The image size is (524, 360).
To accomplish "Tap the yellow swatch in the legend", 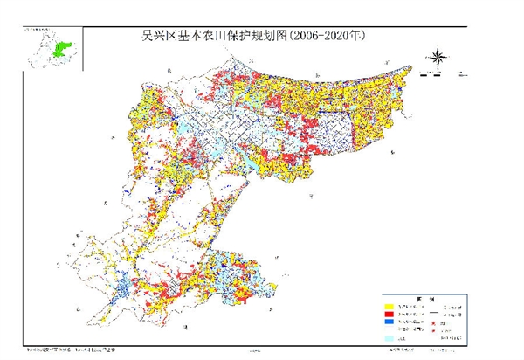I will (x=389, y=308).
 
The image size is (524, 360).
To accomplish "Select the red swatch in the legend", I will (x=389, y=315).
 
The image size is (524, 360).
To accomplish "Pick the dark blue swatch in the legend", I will (x=389, y=322).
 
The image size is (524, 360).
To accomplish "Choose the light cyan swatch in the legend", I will (x=389, y=338).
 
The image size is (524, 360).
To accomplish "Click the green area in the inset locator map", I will (x=61, y=47).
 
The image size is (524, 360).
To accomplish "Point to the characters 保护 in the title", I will (x=238, y=37).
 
